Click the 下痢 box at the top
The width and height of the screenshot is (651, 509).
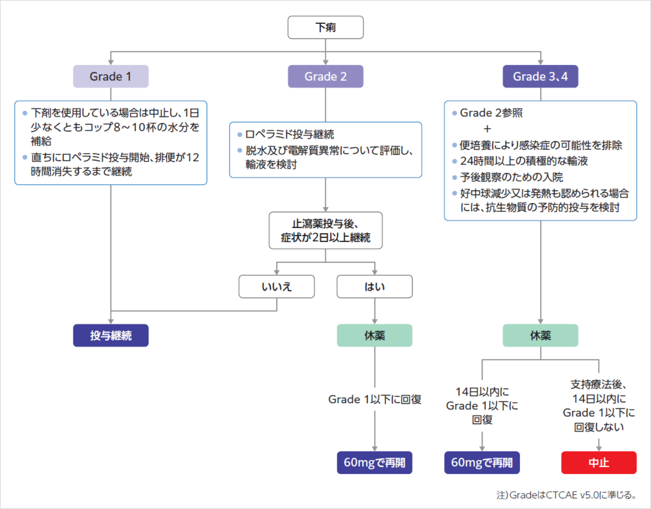pyautogui.click(x=325, y=27)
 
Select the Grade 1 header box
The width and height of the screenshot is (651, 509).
pyautogui.click(x=110, y=76)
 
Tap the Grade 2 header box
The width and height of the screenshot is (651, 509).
pyautogui.click(x=325, y=76)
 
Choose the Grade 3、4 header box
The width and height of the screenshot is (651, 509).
pyautogui.click(x=540, y=76)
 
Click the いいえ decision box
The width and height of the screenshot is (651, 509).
pyautogui.click(x=276, y=287)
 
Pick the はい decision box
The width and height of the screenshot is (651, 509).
pyautogui.click(x=374, y=287)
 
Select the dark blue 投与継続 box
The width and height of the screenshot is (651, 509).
pyautogui.click(x=110, y=336)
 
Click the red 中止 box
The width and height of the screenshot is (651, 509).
pyautogui.click(x=599, y=463)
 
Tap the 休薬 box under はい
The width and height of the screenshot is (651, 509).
pyautogui.click(x=374, y=336)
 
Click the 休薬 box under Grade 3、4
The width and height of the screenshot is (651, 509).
pyautogui.click(x=540, y=336)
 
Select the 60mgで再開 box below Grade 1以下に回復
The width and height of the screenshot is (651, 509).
pyautogui.click(x=374, y=463)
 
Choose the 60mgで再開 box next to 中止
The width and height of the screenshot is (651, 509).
pyautogui.click(x=482, y=463)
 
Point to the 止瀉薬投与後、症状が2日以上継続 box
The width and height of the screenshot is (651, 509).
pyautogui.click(x=325, y=231)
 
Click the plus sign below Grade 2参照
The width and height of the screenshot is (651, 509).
pyautogui.click(x=487, y=129)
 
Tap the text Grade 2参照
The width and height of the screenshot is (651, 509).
pyautogui.click(x=491, y=113)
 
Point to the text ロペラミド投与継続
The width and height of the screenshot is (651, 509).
pyautogui.click(x=289, y=134)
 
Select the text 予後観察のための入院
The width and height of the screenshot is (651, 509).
pyautogui.click(x=511, y=177)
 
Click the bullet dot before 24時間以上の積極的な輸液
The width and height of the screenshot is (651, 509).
pyautogui.click(x=455, y=161)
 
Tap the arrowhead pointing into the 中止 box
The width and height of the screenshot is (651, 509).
pyautogui.click(x=599, y=448)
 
